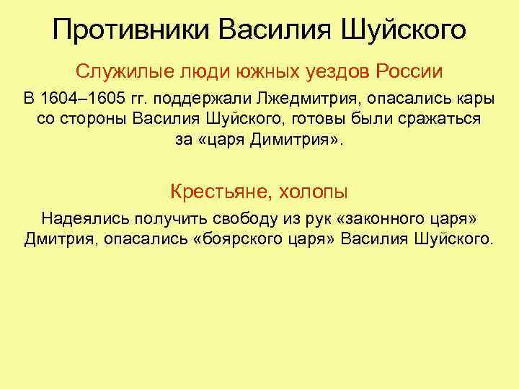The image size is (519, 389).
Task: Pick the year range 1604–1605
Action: click(x=80, y=98)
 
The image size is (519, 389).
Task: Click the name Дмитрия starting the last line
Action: click(x=57, y=238)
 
